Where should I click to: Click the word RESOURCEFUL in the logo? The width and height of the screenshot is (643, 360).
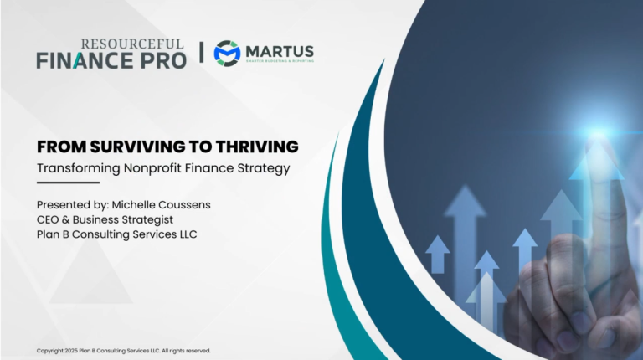point(132,44)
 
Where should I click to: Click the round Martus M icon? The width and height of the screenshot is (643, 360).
point(227,52)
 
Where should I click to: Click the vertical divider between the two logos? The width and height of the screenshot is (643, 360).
point(201,52)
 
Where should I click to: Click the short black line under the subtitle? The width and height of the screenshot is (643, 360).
point(68,182)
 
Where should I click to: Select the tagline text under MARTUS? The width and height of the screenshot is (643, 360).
point(280,60)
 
